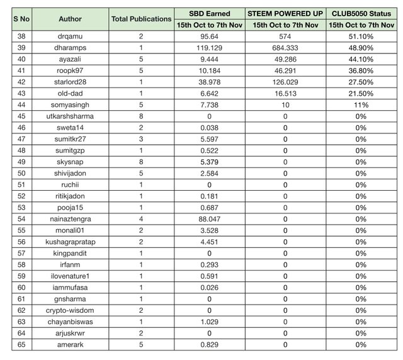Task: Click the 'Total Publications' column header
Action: (141, 19)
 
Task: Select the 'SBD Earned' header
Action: (210, 13)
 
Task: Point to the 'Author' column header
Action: (70, 19)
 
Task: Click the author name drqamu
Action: (70, 37)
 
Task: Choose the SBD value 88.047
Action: (210, 218)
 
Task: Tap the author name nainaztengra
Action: (70, 218)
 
